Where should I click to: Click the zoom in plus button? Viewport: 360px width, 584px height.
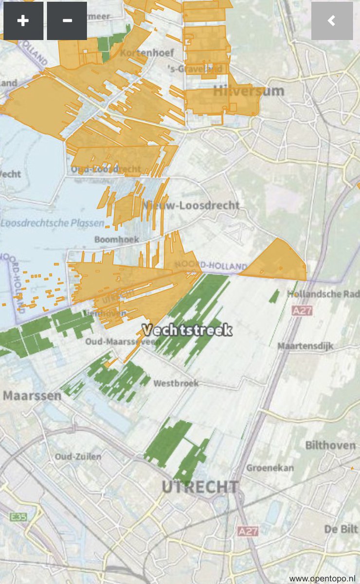click(23, 21)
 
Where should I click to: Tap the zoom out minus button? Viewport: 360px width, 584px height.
click(67, 21)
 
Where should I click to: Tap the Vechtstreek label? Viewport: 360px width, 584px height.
click(187, 330)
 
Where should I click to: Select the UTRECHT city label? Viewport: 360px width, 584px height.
click(200, 487)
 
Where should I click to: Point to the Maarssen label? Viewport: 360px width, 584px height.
click(32, 395)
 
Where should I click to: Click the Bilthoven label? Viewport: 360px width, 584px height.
click(329, 445)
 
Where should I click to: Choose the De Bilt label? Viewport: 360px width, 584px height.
click(339, 529)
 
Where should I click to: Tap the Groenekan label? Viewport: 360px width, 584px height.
click(270, 468)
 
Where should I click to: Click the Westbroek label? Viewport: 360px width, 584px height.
click(176, 383)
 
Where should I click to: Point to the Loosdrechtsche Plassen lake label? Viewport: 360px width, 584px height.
click(53, 223)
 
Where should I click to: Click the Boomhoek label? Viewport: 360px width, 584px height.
click(117, 239)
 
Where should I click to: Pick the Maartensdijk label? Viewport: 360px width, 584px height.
click(306, 346)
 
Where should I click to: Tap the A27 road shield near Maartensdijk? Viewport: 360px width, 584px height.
click(302, 310)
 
